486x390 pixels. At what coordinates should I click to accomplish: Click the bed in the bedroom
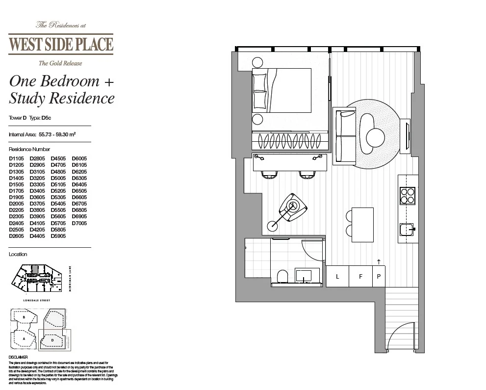282,91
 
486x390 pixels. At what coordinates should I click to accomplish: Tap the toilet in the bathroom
282,277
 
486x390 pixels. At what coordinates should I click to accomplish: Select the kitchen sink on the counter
407,230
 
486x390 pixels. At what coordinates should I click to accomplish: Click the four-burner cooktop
408,195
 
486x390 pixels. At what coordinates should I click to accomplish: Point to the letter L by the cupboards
337,277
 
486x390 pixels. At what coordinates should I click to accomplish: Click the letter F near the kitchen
360,277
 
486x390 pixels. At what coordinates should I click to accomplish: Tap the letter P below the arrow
379,277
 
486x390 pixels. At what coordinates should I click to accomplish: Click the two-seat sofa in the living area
344,136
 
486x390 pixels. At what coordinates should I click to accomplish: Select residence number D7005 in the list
79,223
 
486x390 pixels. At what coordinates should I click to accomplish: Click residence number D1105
16,158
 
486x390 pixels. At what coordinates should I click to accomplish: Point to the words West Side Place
61,45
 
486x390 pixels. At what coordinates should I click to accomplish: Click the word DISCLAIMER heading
19,357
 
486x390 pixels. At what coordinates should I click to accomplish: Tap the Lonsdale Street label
37,300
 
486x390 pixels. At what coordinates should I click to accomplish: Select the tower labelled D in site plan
52,339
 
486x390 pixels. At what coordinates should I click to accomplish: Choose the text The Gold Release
60,63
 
